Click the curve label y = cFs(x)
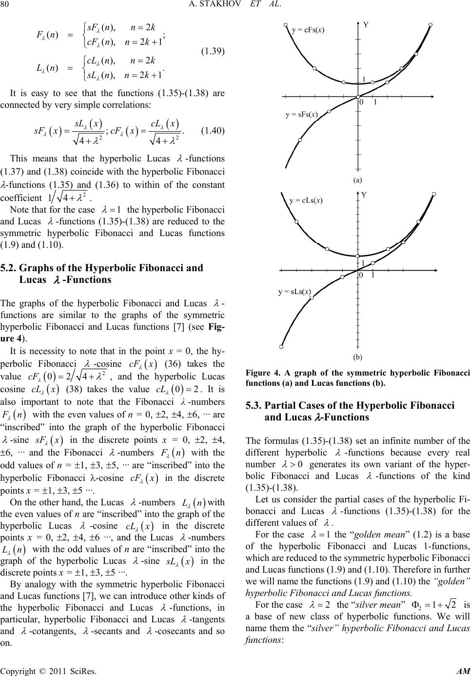click(308, 30)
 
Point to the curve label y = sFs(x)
click(302, 115)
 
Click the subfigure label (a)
click(358, 179)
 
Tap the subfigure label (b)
click(358, 357)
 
